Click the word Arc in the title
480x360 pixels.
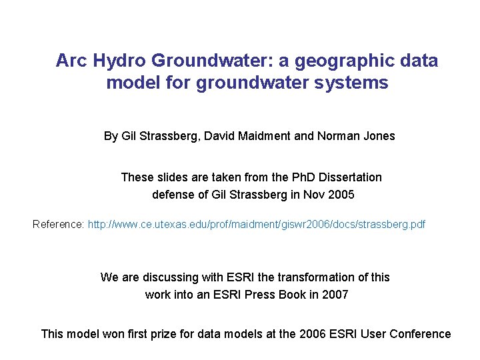coord(71,61)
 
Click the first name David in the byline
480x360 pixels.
coord(219,136)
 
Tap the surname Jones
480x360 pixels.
coord(379,136)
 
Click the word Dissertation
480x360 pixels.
coord(351,177)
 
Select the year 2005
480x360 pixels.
coord(341,195)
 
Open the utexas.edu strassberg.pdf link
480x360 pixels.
coord(257,224)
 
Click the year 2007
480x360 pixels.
coord(335,294)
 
